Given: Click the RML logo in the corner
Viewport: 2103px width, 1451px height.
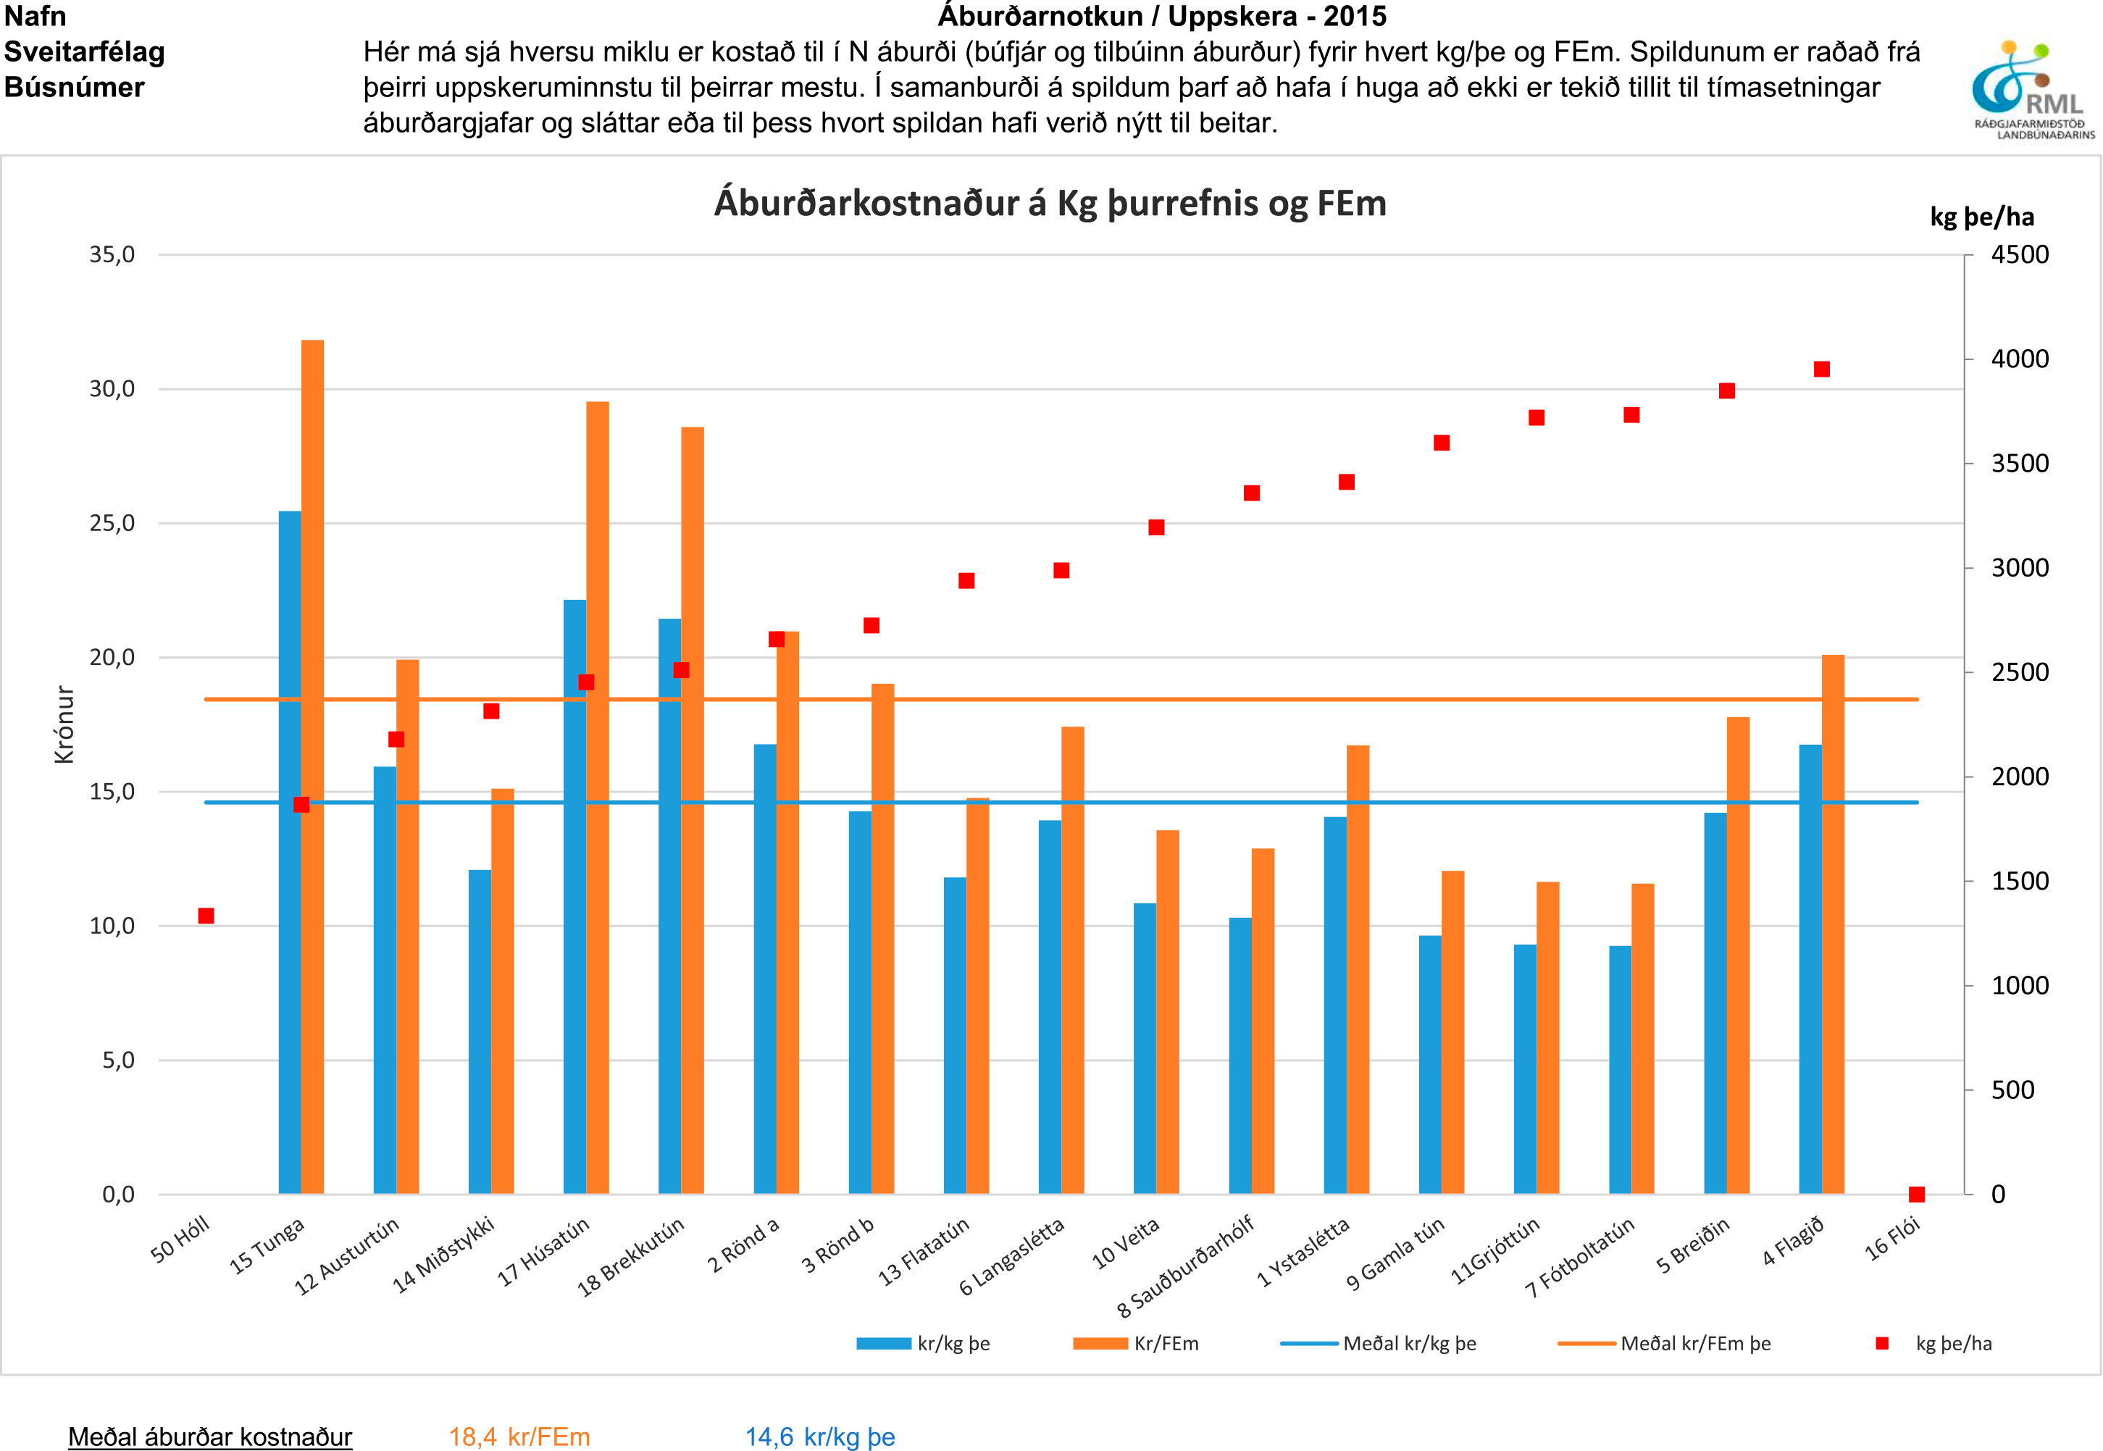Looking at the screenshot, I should point(2031,90).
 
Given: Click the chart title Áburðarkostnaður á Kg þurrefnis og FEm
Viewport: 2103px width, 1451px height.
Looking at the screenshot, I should point(1050,203).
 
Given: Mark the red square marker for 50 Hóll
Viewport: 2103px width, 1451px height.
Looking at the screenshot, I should point(206,916).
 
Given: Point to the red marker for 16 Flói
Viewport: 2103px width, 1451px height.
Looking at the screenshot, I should point(1917,1194).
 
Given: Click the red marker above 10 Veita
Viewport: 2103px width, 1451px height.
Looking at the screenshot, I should point(1156,527).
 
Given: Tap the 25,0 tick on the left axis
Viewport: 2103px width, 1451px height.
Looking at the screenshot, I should point(112,523).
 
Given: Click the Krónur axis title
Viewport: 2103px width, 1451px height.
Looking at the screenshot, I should point(64,724).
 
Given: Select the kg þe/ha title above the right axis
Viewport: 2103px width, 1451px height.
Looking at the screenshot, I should point(1982,217).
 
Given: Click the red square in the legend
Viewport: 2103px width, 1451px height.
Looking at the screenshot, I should point(1882,1343).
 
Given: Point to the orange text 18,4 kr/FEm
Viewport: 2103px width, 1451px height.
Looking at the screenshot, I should point(519,1437).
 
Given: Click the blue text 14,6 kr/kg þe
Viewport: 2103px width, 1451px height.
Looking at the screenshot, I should point(820,1437).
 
